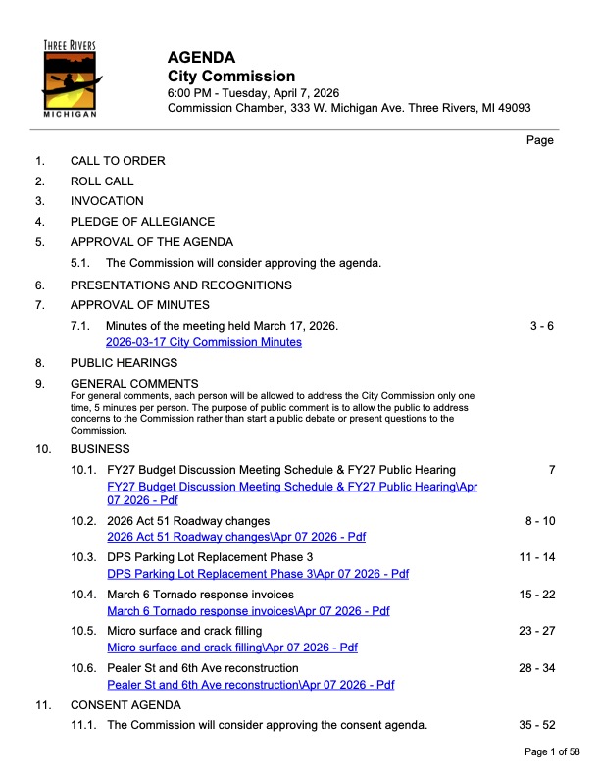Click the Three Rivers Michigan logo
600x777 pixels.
point(70,78)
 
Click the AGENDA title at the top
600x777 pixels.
point(201,57)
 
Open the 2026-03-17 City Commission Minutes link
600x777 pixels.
point(204,342)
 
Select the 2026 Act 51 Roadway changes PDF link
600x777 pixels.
point(235,537)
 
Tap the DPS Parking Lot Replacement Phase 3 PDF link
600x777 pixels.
point(257,574)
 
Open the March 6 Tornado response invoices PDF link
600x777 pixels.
point(248,610)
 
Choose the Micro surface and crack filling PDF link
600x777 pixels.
point(231,647)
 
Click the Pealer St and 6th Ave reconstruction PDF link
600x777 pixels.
point(250,685)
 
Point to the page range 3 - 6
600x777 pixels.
point(541,326)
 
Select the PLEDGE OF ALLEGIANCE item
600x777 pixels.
point(142,222)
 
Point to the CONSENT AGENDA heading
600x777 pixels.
point(125,705)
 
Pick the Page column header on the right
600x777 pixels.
point(540,140)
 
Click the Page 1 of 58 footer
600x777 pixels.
point(553,751)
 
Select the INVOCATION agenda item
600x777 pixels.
point(107,201)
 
